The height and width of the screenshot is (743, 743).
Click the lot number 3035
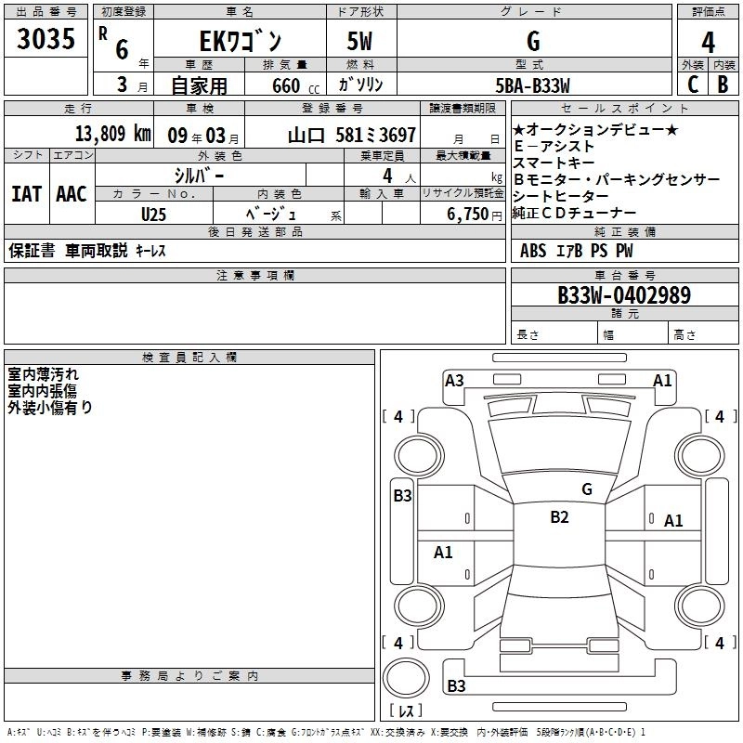[46, 40]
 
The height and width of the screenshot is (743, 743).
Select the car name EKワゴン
[238, 42]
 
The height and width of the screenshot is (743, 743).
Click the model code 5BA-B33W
[531, 85]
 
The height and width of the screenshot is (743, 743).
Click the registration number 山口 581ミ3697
[352, 135]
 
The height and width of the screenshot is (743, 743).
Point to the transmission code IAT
[26, 194]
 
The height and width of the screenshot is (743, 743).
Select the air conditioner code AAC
[71, 194]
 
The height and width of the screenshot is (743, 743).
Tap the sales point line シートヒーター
[561, 196]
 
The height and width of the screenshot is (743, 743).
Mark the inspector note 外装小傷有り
[50, 407]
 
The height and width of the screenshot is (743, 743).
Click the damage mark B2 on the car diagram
[559, 517]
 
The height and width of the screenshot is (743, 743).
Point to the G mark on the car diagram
[586, 489]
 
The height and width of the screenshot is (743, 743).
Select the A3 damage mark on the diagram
[454, 380]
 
